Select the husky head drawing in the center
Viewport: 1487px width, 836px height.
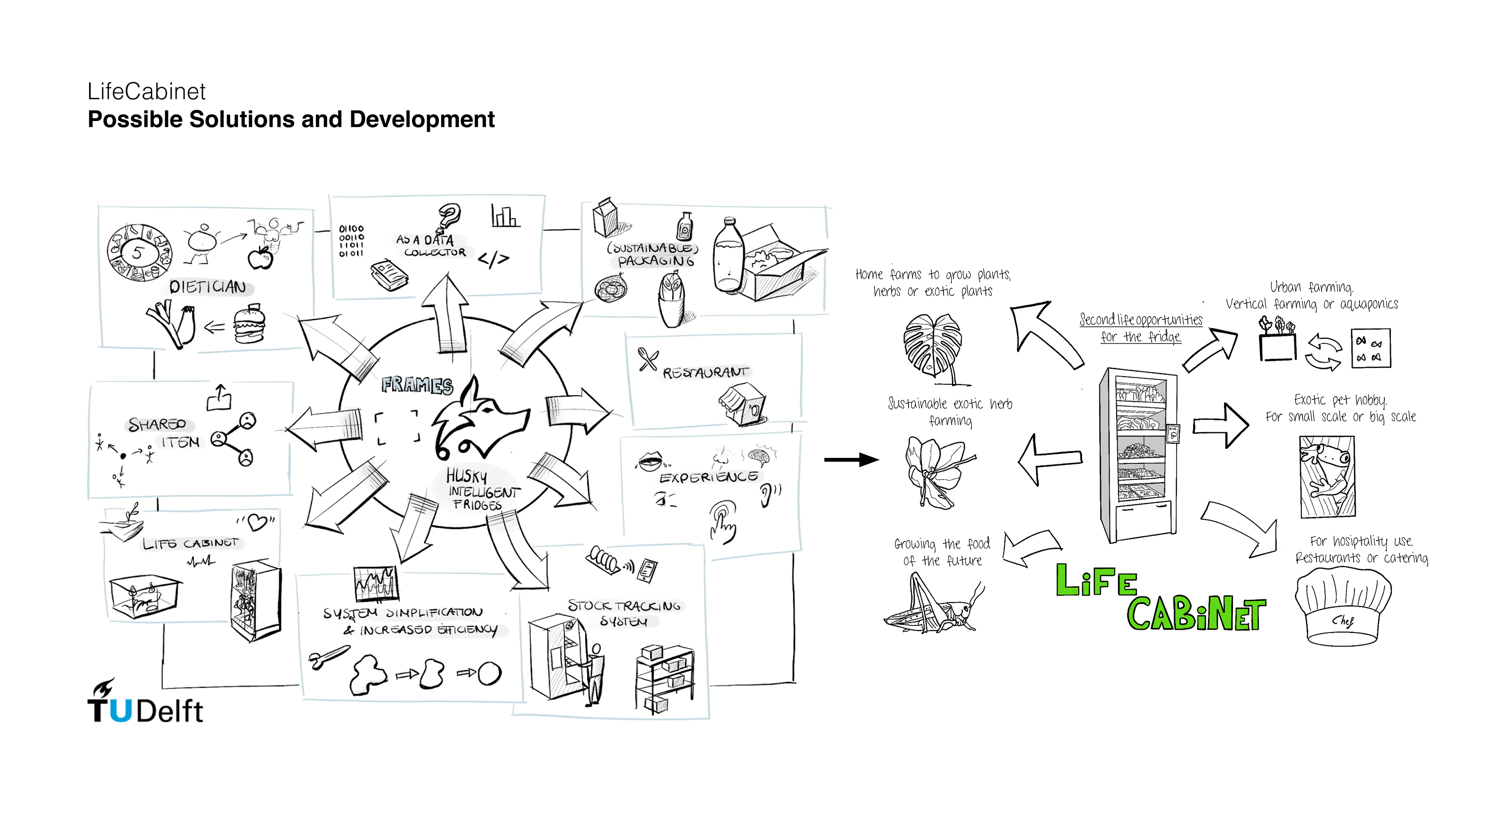point(479,421)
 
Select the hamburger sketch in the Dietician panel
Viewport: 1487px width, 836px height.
point(249,326)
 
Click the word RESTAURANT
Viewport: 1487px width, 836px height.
point(706,372)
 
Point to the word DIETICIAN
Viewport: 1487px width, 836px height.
point(208,287)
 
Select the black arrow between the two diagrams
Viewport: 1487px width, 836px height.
point(852,460)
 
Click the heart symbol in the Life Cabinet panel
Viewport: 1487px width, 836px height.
point(257,522)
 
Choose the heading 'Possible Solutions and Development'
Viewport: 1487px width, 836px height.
point(291,120)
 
